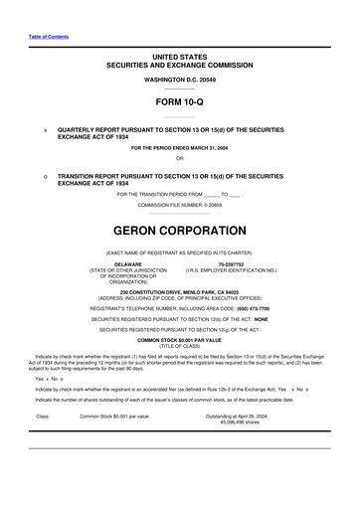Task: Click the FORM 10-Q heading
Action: [x=179, y=101]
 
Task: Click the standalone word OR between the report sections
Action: [x=179, y=161]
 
